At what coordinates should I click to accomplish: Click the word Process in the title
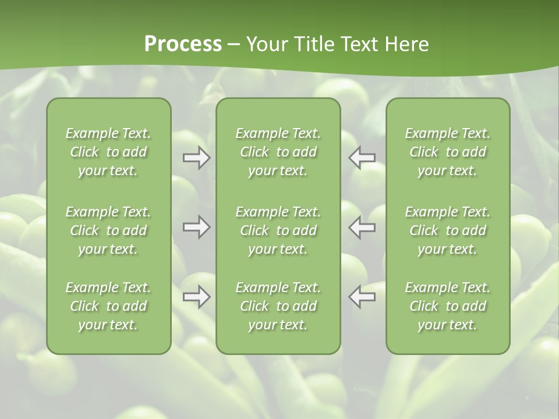coord(183,44)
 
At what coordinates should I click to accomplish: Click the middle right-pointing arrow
coord(197,227)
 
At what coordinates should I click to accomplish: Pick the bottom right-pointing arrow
coord(197,297)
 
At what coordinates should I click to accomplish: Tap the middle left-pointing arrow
coord(362,227)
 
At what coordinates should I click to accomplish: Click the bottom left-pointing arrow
coord(362,297)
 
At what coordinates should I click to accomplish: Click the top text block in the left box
coord(108,152)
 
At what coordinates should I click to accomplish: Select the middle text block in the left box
coord(108,230)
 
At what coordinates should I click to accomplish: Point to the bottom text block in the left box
coord(108,306)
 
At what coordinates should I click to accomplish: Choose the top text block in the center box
coord(278,152)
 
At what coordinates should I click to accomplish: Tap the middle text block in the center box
coord(278,230)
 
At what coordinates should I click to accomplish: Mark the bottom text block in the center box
coord(278,306)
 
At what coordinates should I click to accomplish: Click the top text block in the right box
coord(447,152)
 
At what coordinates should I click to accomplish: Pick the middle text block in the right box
coord(447,230)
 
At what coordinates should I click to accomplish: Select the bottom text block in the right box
coord(447,306)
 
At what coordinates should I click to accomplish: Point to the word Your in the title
coord(266,44)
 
